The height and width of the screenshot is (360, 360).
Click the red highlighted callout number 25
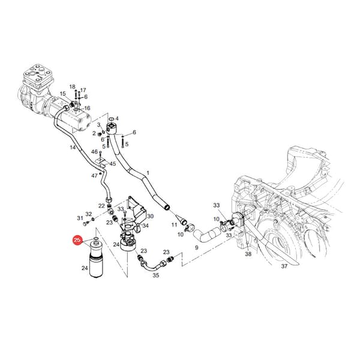click(77, 241)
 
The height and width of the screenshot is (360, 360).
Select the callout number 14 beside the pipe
click(73, 147)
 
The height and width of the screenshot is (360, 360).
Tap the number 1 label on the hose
click(148, 173)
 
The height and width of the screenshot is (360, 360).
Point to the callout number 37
click(284, 266)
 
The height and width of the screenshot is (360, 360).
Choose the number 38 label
click(248, 254)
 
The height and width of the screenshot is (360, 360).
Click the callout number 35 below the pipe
click(156, 275)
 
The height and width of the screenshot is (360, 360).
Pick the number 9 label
click(197, 248)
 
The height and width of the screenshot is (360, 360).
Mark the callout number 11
click(174, 224)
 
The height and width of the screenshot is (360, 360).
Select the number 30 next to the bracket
click(151, 216)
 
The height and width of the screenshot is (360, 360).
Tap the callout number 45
click(113, 164)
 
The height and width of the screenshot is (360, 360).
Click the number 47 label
click(95, 176)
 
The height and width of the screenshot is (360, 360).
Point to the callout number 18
click(73, 87)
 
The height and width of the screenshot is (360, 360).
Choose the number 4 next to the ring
click(117, 118)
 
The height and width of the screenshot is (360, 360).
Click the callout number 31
click(80, 218)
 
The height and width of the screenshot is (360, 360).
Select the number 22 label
click(101, 206)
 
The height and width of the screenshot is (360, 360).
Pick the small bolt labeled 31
click(85, 223)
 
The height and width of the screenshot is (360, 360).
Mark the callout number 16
click(87, 108)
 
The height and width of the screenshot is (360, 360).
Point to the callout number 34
click(145, 226)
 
